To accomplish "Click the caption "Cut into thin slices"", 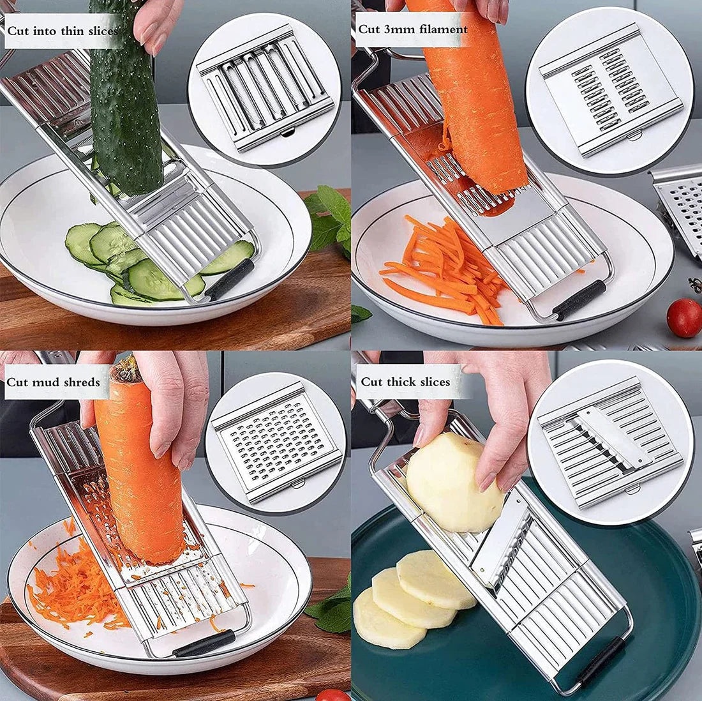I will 63,31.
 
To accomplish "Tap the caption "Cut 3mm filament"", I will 413,29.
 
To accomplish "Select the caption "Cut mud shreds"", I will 54,382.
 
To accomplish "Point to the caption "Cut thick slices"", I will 406,382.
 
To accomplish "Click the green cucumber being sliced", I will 124,102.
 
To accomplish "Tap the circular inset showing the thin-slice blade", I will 265,89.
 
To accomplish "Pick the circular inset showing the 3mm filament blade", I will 609,89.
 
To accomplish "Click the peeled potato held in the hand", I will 454,482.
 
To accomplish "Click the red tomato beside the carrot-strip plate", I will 684,317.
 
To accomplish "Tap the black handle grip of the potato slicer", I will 599,661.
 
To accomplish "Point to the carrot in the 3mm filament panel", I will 475,96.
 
